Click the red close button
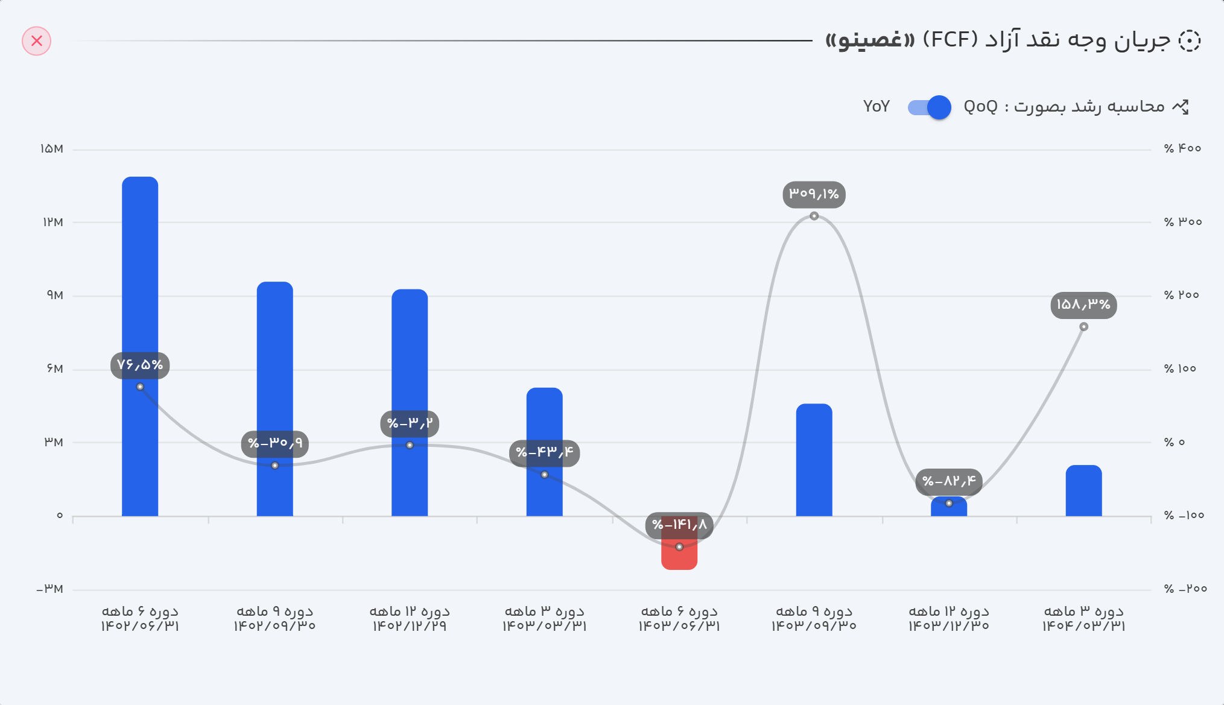tap(37, 41)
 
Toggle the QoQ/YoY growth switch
tap(930, 107)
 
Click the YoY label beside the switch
tap(876, 107)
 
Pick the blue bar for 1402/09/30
tap(275, 362)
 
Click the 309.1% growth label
tap(814, 194)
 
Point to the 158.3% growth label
tap(1083, 305)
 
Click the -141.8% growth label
tap(679, 525)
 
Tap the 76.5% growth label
tap(140, 365)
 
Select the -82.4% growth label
tap(949, 481)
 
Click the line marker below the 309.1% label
tap(814, 216)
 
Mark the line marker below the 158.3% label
tap(1083, 327)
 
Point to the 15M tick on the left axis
tap(52, 149)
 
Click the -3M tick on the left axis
tap(50, 589)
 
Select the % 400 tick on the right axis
tap(1182, 148)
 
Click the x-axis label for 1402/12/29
tap(410, 619)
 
